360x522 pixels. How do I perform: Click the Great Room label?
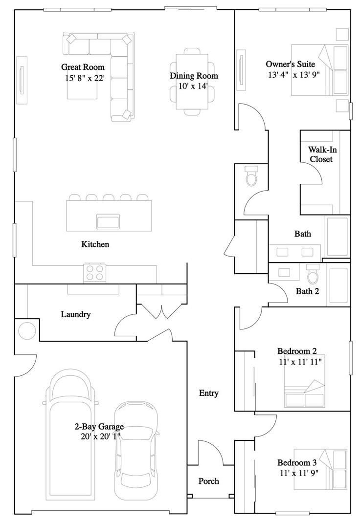click(x=83, y=67)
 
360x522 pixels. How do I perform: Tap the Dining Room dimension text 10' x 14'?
click(x=193, y=87)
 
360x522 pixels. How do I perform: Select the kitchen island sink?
click(x=108, y=221)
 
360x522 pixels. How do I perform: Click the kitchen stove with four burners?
click(x=95, y=272)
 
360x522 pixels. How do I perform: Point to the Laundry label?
click(x=76, y=314)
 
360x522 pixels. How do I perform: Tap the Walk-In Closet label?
click(x=322, y=154)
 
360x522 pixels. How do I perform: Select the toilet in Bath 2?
click(x=313, y=274)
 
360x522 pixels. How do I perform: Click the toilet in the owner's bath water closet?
click(x=251, y=176)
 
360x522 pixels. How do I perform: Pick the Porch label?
click(x=209, y=481)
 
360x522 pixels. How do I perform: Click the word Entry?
click(x=209, y=393)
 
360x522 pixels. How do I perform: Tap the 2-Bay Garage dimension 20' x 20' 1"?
click(x=100, y=436)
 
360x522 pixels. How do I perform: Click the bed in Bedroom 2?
click(x=304, y=381)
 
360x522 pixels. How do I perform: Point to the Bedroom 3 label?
click(x=297, y=463)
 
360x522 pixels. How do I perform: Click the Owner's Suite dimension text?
click(x=294, y=75)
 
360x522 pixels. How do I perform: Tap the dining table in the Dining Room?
click(x=192, y=82)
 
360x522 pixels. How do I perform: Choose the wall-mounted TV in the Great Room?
click(x=22, y=81)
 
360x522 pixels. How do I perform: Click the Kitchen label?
click(x=95, y=244)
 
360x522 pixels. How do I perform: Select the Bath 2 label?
click(x=307, y=291)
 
